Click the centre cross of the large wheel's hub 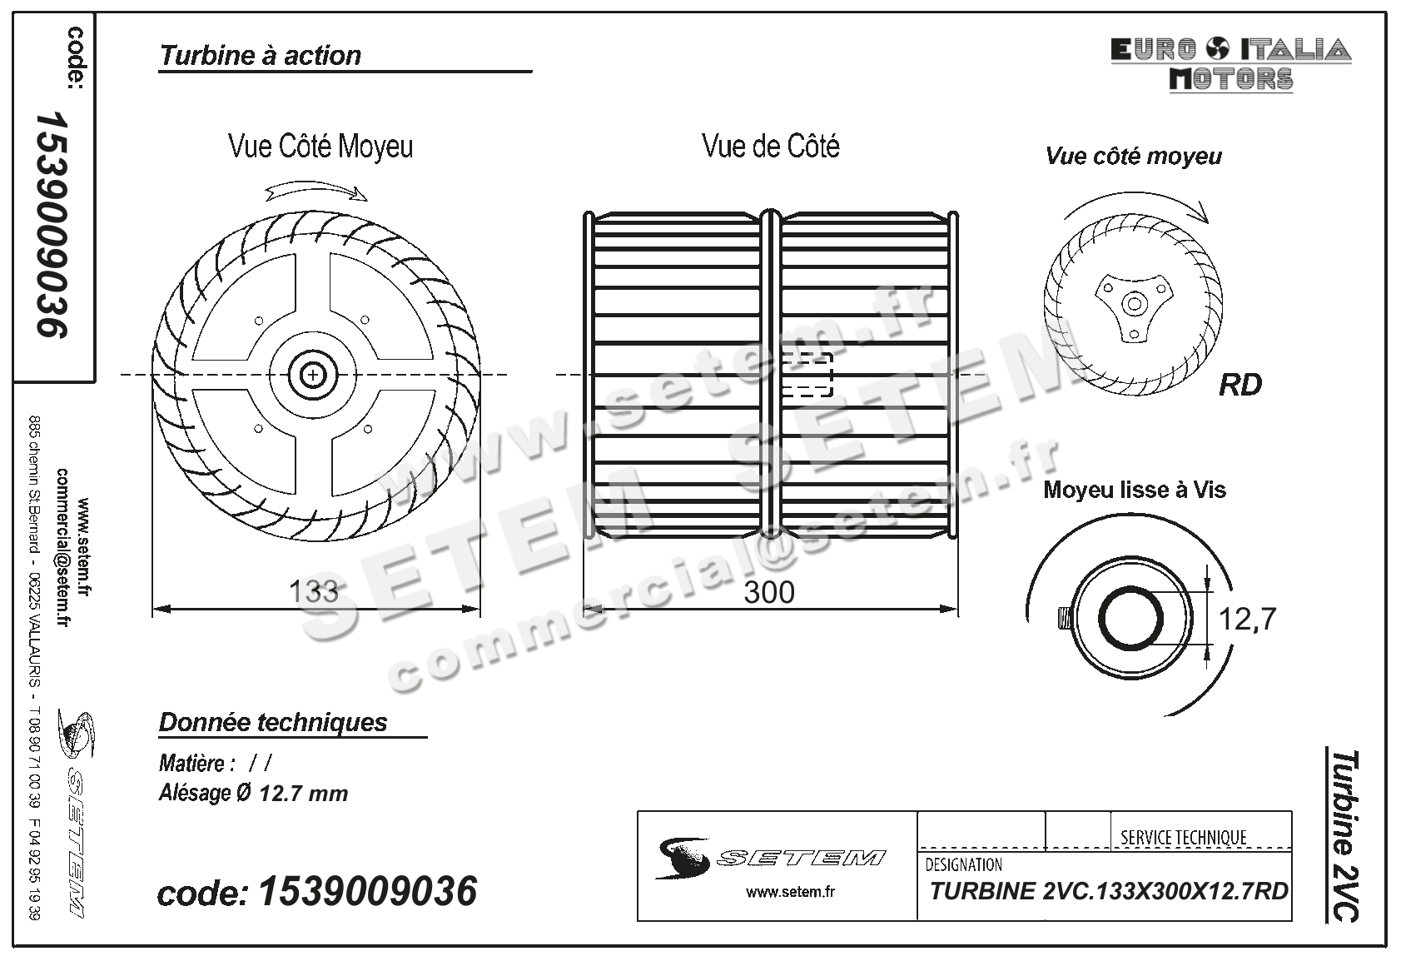point(313,376)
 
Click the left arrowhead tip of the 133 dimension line point(152,609)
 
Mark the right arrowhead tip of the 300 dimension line point(958,609)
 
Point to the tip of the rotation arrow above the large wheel point(368,200)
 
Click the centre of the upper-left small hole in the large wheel point(259,321)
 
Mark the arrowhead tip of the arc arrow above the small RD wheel point(1208,222)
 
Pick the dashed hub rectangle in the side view point(807,375)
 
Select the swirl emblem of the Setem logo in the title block point(682,858)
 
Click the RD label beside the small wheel point(1240,386)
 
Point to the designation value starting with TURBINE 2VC point(1109,891)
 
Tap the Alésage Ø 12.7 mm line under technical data point(253,794)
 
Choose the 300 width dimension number point(769,592)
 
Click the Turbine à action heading point(261,56)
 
